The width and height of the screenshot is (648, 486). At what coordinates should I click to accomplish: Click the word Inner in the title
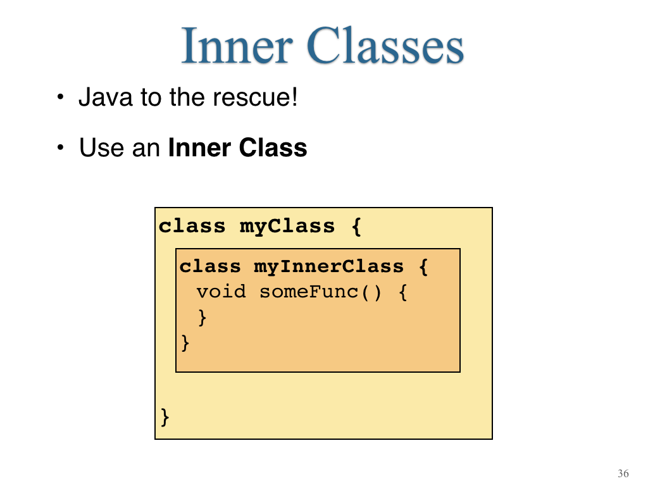point(237,46)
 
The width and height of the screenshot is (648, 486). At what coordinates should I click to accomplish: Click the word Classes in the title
point(385,46)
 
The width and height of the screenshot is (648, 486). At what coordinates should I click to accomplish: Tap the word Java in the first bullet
point(106,97)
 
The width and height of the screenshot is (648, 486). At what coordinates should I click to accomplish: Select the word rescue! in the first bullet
point(255,97)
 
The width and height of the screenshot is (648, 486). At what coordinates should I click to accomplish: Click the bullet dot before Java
point(61,97)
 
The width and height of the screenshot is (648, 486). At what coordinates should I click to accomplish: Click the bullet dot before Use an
point(61,147)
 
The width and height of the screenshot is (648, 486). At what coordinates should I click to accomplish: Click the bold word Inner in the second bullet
point(199,147)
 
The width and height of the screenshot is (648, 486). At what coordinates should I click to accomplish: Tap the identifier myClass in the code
point(287,227)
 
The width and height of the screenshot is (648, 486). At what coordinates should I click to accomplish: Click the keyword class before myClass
point(192,226)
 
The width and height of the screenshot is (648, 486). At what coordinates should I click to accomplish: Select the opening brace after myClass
point(356,227)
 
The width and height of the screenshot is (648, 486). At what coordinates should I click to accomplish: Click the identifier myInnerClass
point(328,266)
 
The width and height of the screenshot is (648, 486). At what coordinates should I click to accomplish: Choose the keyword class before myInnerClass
point(210,266)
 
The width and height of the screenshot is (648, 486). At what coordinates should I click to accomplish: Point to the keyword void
point(221,292)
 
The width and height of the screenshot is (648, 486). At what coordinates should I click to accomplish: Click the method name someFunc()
point(320,292)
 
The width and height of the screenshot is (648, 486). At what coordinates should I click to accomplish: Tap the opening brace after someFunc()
point(403,292)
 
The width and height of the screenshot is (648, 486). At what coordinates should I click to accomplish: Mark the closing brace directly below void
point(202,318)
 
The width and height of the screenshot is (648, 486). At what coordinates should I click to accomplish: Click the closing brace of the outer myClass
point(165,417)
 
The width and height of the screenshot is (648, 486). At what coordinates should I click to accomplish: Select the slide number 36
point(623,473)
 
